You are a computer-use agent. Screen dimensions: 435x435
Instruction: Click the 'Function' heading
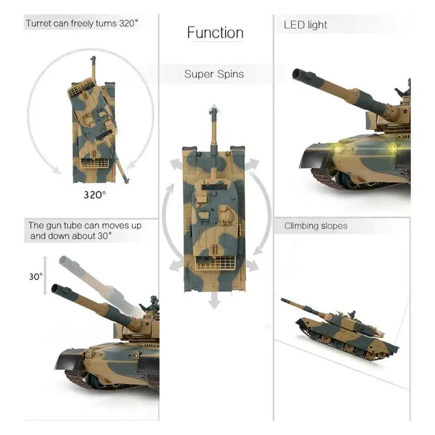click(x=215, y=33)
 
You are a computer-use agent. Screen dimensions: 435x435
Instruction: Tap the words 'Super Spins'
click(x=214, y=74)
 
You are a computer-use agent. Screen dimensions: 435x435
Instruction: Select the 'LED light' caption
click(x=305, y=25)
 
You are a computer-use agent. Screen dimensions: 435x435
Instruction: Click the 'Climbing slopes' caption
click(x=316, y=226)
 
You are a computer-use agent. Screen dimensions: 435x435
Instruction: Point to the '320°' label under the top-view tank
click(x=94, y=195)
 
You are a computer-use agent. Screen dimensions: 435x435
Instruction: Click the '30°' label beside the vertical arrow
click(x=36, y=277)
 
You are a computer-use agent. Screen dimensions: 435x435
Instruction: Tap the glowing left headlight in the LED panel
click(x=338, y=148)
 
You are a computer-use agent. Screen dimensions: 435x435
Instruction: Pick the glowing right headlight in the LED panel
click(x=392, y=148)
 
